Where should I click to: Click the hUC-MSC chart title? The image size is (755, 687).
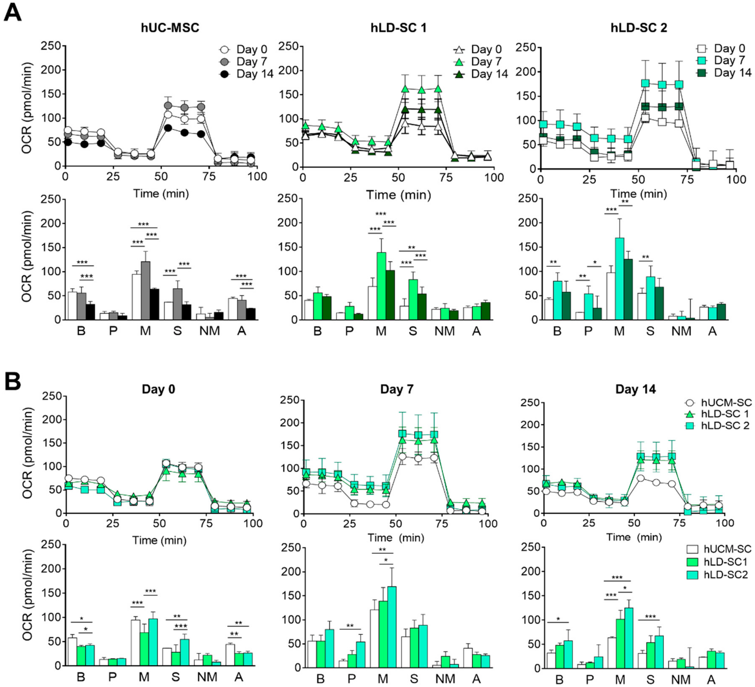pos(170,28)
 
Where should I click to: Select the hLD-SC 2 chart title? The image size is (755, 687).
pos(639,28)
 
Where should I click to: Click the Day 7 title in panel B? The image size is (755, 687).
pos(397,389)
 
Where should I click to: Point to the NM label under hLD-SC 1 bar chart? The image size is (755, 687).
pos(444,331)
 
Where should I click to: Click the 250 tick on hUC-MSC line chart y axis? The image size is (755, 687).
pos(52,46)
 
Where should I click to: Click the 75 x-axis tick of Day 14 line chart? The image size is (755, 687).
pos(680,523)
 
